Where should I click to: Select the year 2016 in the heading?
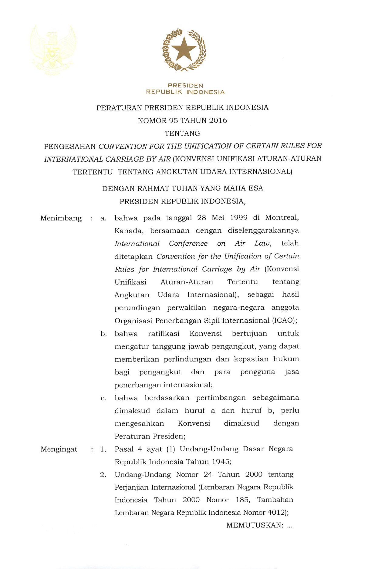(x=218, y=121)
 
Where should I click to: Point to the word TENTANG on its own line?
(x=182, y=133)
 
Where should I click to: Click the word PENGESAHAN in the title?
(x=70, y=146)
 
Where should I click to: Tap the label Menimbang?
(x=61, y=218)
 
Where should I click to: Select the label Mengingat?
(x=59, y=449)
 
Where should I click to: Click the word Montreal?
(x=282, y=218)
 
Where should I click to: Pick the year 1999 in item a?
(x=239, y=218)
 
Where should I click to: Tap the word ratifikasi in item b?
(x=164, y=334)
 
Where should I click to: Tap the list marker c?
(x=104, y=398)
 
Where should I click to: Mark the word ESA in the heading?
(x=256, y=188)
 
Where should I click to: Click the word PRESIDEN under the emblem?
(x=185, y=86)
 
